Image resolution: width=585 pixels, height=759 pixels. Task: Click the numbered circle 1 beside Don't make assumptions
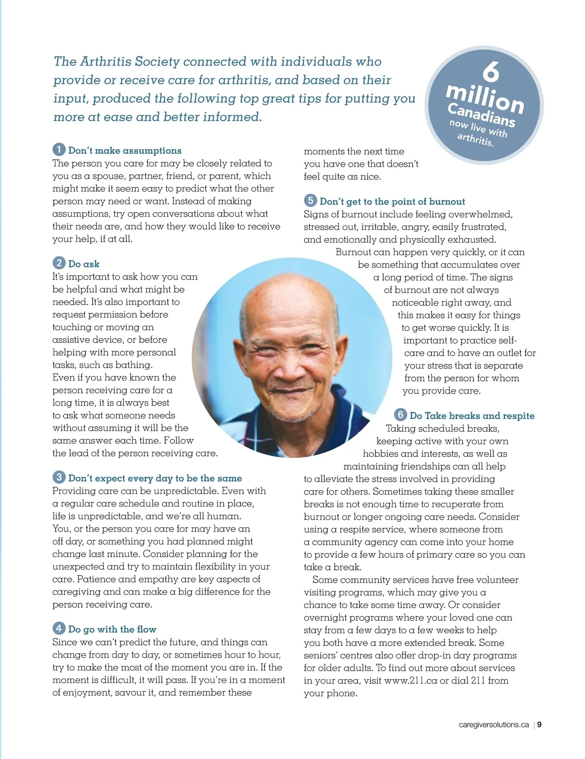pyautogui.click(x=59, y=150)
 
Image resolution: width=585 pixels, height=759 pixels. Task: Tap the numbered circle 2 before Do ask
pyautogui.click(x=59, y=263)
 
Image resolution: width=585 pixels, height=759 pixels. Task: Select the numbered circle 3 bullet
pyautogui.click(x=59, y=477)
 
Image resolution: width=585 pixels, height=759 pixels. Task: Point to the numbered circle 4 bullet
pyautogui.click(x=59, y=628)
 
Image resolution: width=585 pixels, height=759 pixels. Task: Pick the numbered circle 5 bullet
pyautogui.click(x=310, y=200)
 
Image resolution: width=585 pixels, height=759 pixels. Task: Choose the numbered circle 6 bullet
pyautogui.click(x=400, y=415)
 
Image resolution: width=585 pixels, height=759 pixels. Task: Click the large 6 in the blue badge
pyautogui.click(x=491, y=72)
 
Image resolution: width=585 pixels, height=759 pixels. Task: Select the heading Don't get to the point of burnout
pyautogui.click(x=392, y=202)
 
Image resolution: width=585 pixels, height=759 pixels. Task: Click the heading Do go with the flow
pyautogui.click(x=112, y=629)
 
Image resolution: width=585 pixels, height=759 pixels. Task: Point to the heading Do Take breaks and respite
pyautogui.click(x=472, y=416)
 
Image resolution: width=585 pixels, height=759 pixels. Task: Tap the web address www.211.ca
pyautogui.click(x=410, y=681)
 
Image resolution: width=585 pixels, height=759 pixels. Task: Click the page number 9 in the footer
pyautogui.click(x=540, y=724)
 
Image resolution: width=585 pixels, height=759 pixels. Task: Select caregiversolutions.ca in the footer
pyautogui.click(x=493, y=724)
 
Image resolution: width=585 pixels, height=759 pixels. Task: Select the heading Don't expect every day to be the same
pyautogui.click(x=155, y=478)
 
